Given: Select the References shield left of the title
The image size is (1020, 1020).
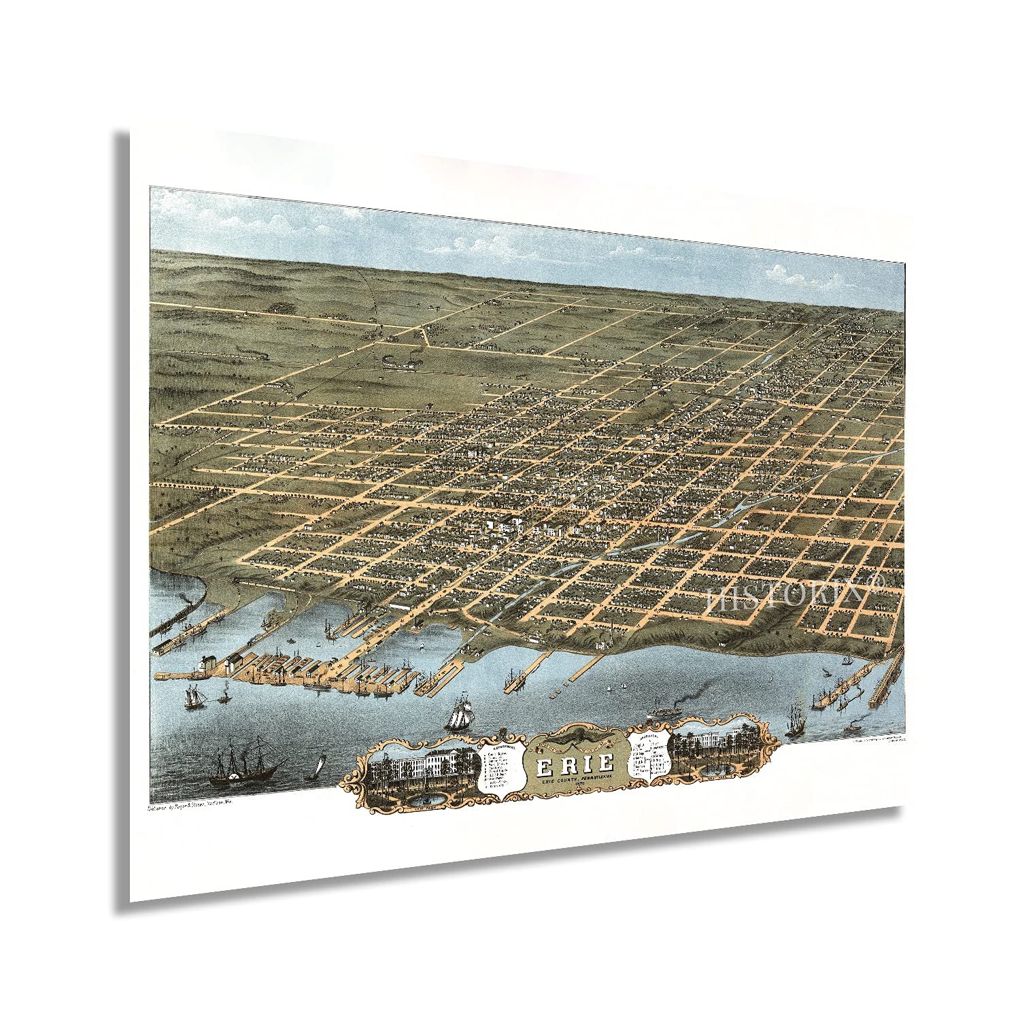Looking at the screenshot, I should (501, 769).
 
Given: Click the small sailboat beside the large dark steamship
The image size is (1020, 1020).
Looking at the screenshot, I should (314, 769).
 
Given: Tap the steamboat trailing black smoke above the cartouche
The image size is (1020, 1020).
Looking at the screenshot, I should (670, 711).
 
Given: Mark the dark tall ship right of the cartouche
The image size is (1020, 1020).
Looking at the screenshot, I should (794, 721).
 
